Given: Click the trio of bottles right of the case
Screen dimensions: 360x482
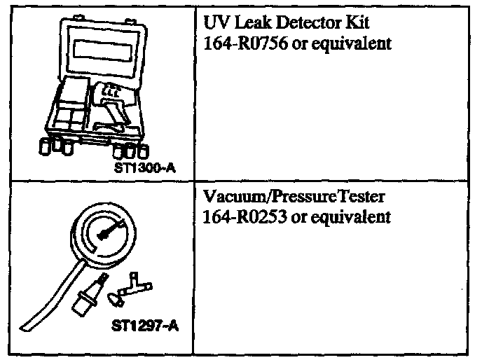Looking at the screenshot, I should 130,151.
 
